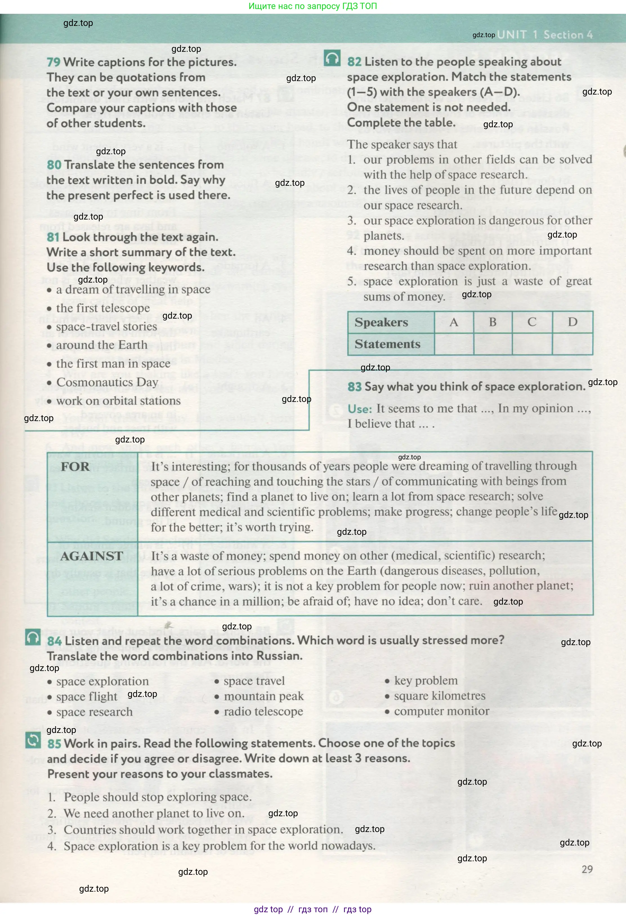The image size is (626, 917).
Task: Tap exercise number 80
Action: [54, 165]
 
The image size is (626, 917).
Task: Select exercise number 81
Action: [53, 237]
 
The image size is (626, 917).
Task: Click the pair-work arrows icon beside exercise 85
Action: [33, 740]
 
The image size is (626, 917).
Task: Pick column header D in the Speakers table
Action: [572, 322]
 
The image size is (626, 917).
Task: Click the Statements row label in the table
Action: [387, 344]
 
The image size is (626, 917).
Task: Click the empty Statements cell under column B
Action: [493, 344]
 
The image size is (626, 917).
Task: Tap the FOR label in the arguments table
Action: [75, 467]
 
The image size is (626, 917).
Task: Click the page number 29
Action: [587, 869]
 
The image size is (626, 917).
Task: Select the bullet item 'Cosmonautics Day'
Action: [107, 382]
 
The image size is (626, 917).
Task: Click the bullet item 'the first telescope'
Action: [103, 308]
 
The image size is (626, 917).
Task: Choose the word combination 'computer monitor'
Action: [441, 712]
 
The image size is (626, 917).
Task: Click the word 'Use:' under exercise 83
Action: [359, 409]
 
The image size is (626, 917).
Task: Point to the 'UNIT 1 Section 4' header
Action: [545, 35]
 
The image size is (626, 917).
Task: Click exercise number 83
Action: [354, 387]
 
